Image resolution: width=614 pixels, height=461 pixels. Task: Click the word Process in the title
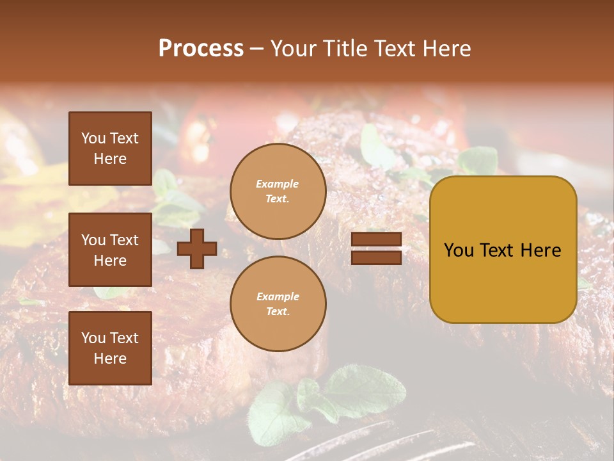click(x=201, y=49)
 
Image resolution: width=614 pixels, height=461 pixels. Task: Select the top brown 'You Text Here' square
click(x=110, y=149)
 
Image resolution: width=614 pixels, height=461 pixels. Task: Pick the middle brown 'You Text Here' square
click(x=110, y=250)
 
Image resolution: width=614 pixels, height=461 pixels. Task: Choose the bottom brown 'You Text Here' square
click(x=110, y=348)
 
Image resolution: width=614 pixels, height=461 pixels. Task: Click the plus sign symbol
click(x=197, y=248)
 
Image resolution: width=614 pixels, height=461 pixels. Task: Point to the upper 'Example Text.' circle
click(x=278, y=191)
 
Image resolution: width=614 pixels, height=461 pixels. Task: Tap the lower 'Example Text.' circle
click(x=278, y=304)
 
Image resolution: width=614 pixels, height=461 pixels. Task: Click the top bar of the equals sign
click(x=376, y=239)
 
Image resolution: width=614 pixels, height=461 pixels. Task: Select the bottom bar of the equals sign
click(x=376, y=257)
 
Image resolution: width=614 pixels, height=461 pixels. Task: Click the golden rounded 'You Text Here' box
click(x=503, y=250)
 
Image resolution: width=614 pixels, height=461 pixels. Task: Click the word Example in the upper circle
click(x=277, y=184)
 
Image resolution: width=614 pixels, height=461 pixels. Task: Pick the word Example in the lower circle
click(x=278, y=296)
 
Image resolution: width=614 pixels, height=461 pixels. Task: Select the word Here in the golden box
click(x=541, y=250)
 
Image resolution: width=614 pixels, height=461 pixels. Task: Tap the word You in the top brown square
click(x=93, y=138)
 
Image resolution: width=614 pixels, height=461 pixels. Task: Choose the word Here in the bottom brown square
click(x=110, y=359)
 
